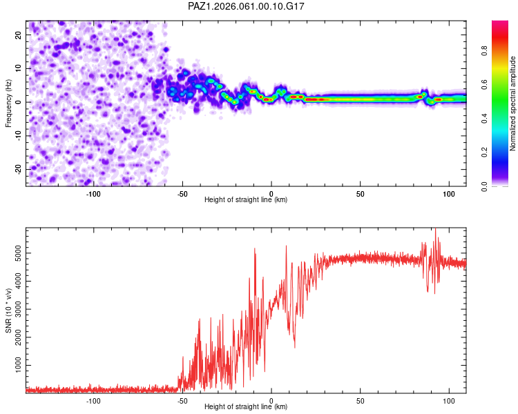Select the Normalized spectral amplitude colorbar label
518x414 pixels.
(513, 103)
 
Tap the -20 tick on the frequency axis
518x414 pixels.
(18, 169)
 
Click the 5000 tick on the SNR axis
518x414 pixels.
(15, 254)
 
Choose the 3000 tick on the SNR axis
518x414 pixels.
(15, 308)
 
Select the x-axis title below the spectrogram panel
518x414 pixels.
(246, 200)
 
